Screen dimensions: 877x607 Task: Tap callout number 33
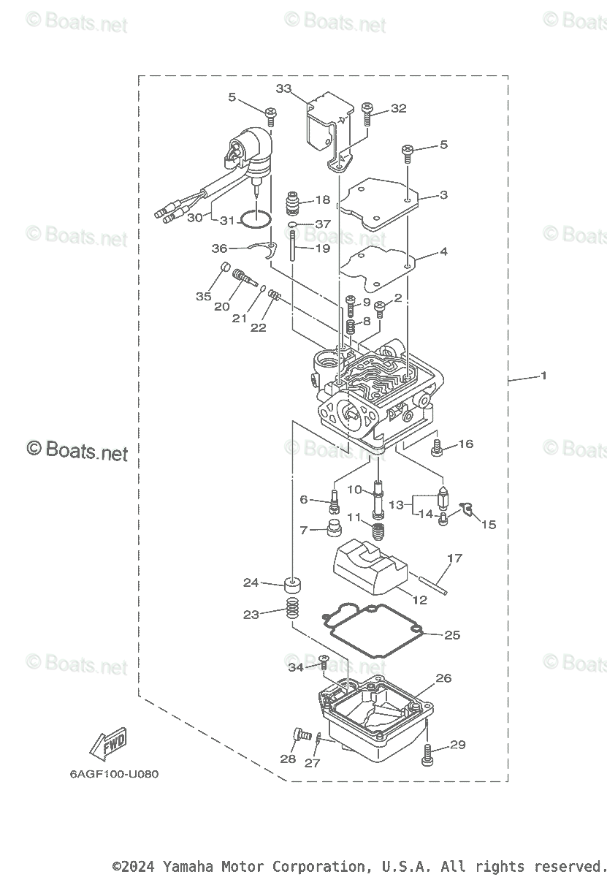[x=283, y=88]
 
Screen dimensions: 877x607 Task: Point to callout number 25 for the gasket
[x=452, y=634]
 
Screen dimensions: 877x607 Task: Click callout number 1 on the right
[x=543, y=376]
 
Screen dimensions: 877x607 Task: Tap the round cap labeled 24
[x=293, y=585]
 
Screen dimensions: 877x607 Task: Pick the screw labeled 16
[x=438, y=448]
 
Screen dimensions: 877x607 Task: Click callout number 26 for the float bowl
[x=443, y=679]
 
